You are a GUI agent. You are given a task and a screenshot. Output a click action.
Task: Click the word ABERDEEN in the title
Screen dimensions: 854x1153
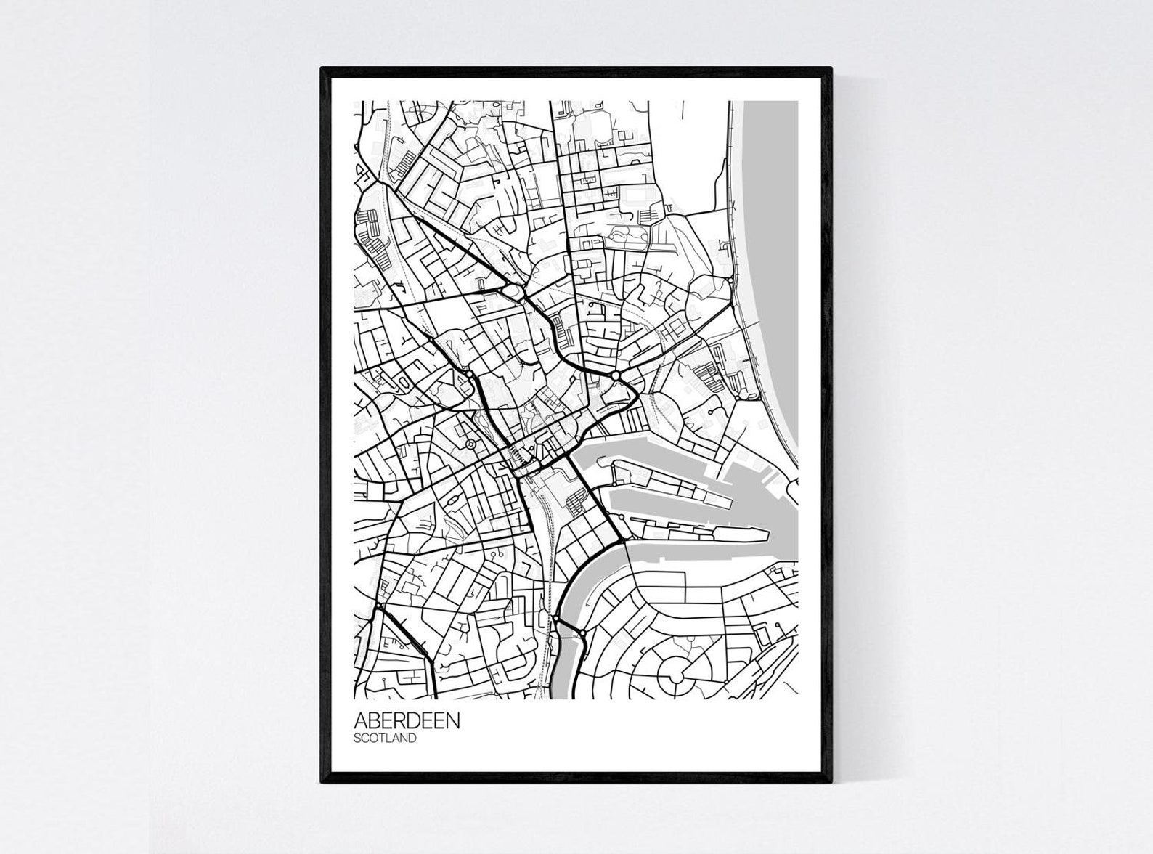click(407, 721)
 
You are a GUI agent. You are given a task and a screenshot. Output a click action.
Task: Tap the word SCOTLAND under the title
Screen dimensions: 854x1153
click(385, 739)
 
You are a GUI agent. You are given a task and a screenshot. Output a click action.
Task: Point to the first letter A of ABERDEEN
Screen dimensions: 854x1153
click(361, 721)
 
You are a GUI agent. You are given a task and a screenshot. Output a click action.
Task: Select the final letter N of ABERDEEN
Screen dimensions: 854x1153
click(453, 721)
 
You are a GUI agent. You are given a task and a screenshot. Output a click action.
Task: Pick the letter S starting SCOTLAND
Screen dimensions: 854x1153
click(358, 739)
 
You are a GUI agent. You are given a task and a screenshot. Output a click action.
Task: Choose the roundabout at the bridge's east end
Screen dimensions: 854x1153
click(582, 635)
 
